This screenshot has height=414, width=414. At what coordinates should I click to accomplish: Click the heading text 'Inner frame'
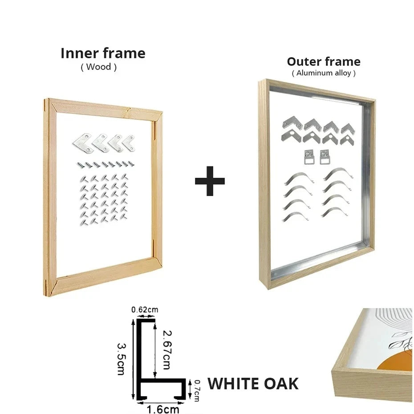click(103, 53)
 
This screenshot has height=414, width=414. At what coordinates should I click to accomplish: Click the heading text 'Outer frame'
click(324, 61)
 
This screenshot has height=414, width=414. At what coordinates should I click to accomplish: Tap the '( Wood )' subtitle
click(98, 67)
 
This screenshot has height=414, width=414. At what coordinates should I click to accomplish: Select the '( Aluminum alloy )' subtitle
click(324, 73)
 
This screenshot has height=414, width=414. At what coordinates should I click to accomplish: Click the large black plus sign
click(210, 181)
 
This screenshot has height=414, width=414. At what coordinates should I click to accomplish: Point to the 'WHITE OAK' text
click(253, 384)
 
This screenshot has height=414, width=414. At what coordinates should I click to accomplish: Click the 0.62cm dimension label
click(145, 309)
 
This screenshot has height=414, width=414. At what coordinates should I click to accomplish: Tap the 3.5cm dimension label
click(122, 359)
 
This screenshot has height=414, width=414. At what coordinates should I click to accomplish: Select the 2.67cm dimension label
click(167, 349)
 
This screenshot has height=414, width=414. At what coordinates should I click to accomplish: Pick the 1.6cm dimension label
click(163, 410)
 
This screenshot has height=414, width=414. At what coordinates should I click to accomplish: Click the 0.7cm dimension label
click(197, 391)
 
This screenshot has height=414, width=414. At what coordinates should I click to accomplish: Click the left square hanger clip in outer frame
click(309, 157)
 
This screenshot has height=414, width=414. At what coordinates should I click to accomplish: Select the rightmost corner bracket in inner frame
click(130, 143)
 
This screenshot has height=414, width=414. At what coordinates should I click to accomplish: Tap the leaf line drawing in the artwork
click(402, 341)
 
